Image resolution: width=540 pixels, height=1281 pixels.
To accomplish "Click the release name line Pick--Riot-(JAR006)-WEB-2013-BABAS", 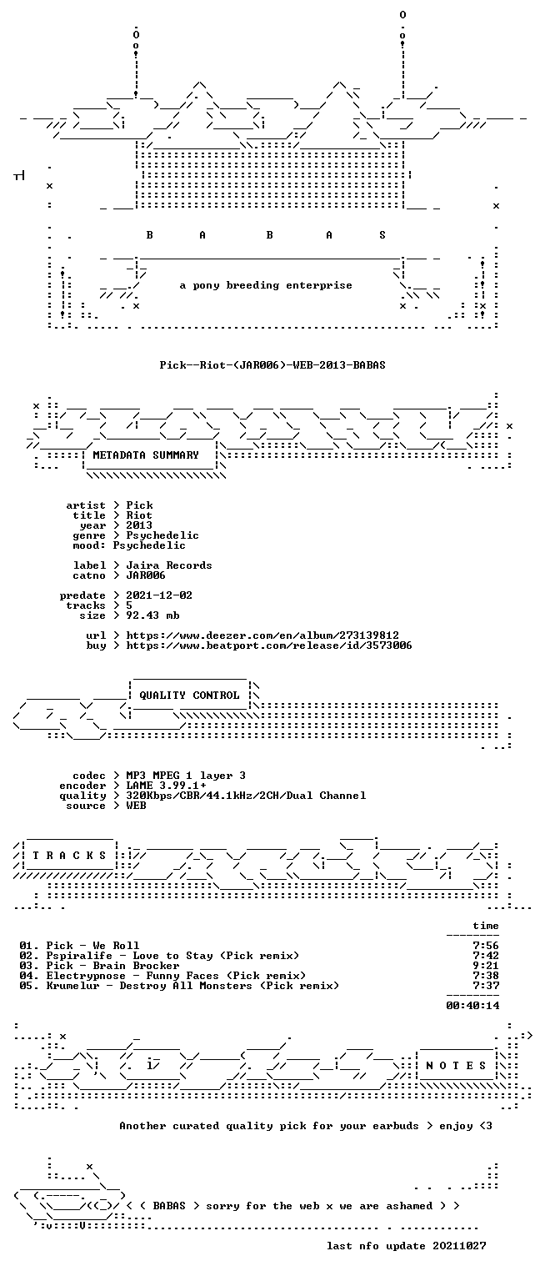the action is [272, 365].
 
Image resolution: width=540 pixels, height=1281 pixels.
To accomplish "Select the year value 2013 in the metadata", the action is [139, 525].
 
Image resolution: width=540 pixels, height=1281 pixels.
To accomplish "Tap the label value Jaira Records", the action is [169, 565].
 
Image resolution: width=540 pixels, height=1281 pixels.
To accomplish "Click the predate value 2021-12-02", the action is [159, 595].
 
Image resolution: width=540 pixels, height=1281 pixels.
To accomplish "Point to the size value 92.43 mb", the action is [152, 615].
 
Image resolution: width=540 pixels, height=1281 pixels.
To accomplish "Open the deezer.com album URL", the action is [262, 635].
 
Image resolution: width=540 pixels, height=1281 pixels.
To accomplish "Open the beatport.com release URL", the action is [269, 646].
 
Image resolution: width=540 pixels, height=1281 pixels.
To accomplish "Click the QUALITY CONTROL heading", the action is [189, 696].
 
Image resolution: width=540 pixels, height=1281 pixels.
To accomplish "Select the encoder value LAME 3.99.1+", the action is [167, 786].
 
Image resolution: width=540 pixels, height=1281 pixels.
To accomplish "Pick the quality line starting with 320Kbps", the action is [247, 796].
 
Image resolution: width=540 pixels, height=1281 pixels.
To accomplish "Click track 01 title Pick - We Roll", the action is [92, 946].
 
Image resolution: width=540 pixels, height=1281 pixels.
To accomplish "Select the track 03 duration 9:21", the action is [486, 966].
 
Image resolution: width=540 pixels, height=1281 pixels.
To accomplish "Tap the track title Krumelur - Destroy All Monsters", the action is [149, 986].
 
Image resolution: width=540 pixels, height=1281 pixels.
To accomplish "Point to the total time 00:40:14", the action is [472, 1005].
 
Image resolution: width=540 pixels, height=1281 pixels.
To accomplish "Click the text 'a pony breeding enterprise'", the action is [266, 285].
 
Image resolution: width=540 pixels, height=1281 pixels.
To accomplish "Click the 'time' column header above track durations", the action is [486, 926].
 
